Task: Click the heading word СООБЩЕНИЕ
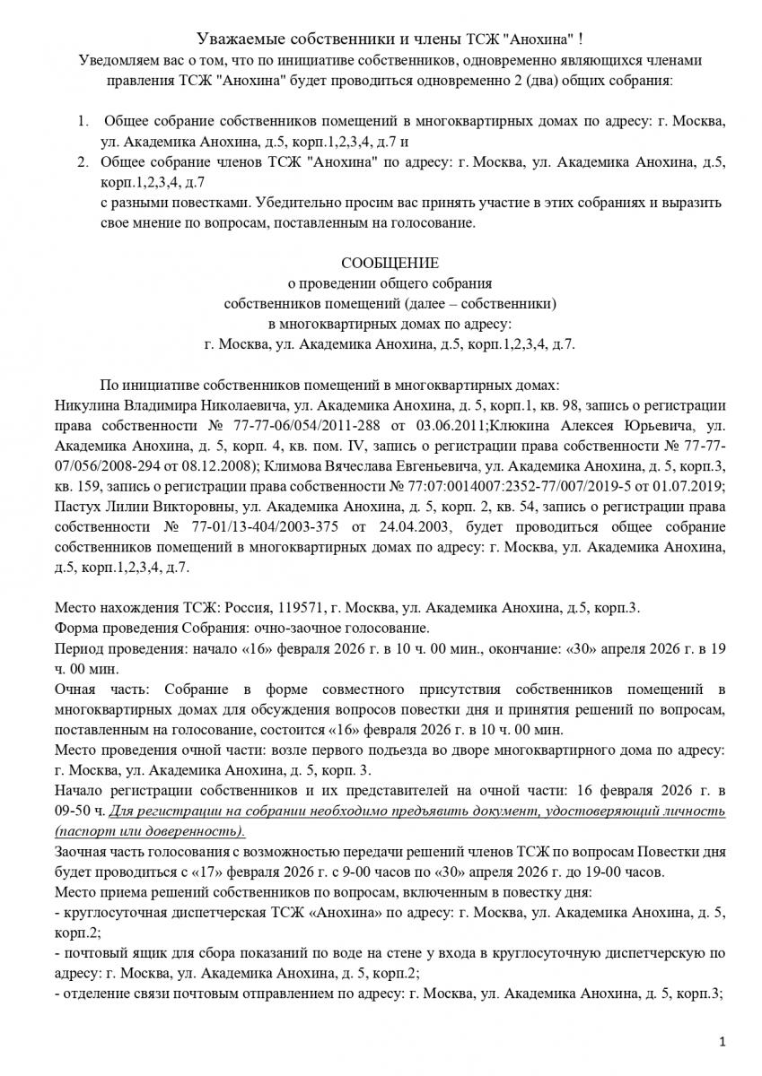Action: [x=390, y=263]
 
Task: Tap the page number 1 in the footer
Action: [x=722, y=1041]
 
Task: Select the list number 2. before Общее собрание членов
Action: [x=82, y=162]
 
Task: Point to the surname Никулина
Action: [x=89, y=404]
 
